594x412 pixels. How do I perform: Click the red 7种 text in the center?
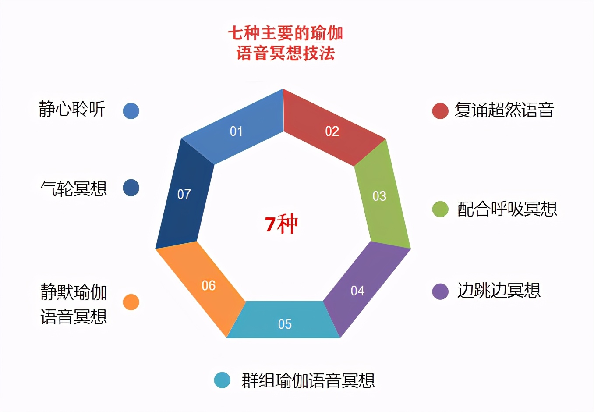pyautogui.click(x=281, y=224)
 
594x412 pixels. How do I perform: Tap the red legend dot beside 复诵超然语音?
pyautogui.click(x=440, y=111)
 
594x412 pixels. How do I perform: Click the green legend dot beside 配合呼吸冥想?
pyautogui.click(x=440, y=209)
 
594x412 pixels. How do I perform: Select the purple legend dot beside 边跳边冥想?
pyautogui.click(x=440, y=291)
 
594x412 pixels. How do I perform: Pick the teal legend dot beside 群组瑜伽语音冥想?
pyautogui.click(x=222, y=380)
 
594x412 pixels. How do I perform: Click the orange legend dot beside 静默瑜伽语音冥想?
pyautogui.click(x=131, y=302)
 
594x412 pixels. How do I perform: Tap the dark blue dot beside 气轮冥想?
pyautogui.click(x=131, y=188)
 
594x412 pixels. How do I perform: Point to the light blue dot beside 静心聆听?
pyautogui.click(x=131, y=111)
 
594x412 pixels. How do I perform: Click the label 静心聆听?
pyautogui.click(x=72, y=109)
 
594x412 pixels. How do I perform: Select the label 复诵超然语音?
pyautogui.click(x=504, y=110)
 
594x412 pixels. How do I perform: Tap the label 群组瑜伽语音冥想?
pyautogui.click(x=308, y=380)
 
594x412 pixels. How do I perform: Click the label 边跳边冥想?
pyautogui.click(x=499, y=291)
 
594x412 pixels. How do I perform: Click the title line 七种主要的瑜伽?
pyautogui.click(x=285, y=33)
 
